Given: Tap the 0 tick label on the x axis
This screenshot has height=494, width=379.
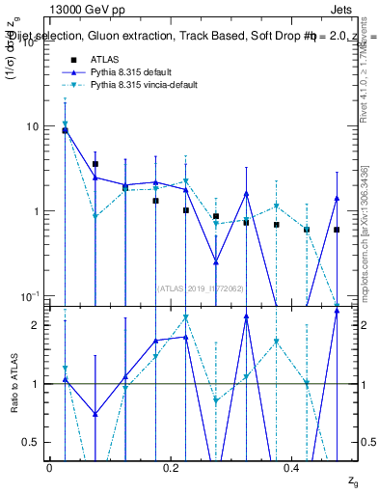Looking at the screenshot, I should pos(49,468).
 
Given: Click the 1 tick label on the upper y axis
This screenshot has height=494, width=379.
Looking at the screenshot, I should pos(36,211).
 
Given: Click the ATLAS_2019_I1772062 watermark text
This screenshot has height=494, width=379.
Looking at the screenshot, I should pos(201,288).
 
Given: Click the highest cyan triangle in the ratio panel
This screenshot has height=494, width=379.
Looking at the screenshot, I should pos(186,317).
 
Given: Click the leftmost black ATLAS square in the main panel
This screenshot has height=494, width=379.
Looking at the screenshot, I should pos(65,130).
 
